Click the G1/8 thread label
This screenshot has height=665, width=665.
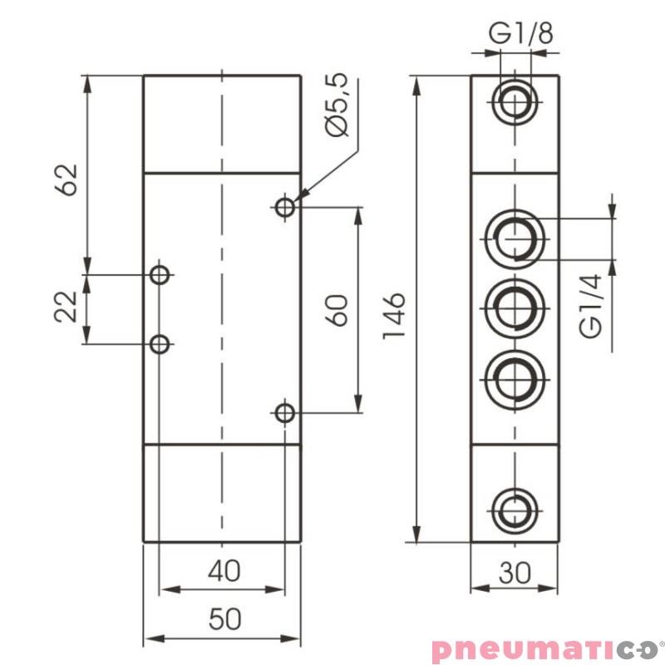[x=520, y=34]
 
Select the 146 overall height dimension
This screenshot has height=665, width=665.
[x=393, y=316]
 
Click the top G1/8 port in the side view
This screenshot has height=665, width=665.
[x=515, y=102]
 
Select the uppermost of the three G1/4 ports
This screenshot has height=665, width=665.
[x=515, y=237]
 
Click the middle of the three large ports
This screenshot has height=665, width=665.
[x=515, y=308]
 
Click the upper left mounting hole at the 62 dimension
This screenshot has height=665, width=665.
[x=160, y=273]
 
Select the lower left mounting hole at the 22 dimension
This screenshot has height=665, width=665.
[x=160, y=343]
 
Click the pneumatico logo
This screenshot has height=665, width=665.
[x=545, y=648]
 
